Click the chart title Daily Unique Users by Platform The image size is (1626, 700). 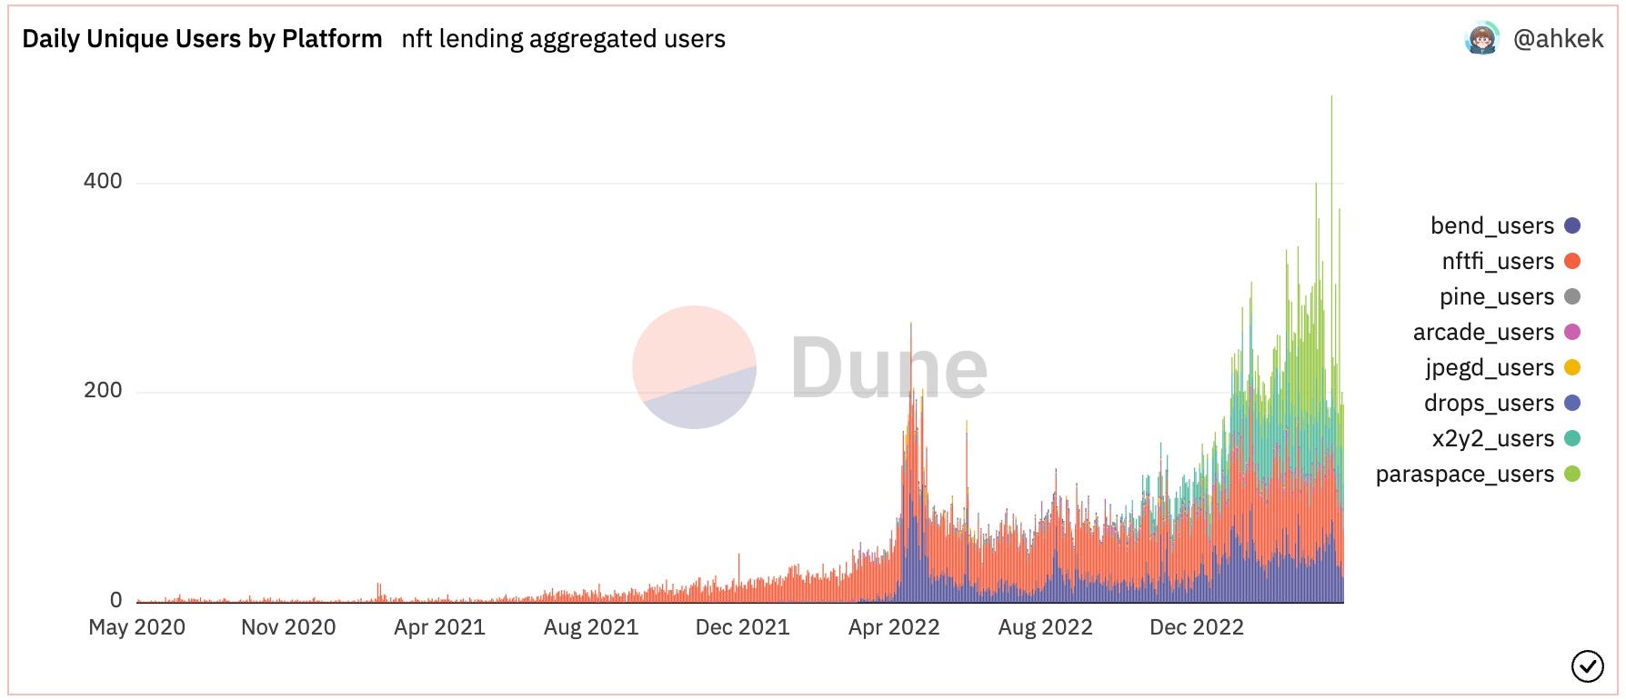(202, 39)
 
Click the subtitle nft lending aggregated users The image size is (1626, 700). (563, 39)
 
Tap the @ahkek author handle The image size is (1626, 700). (1558, 38)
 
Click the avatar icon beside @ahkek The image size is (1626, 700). (1481, 38)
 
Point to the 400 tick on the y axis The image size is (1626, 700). (103, 181)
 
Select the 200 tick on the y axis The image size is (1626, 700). (103, 390)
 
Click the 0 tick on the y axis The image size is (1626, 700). (115, 600)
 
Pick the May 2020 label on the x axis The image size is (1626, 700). (136, 627)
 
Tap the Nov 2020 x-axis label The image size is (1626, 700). (288, 627)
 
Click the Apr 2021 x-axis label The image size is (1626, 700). (439, 627)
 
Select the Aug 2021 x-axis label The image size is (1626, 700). (591, 627)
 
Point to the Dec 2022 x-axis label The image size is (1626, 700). (1196, 627)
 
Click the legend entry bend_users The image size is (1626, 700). (1492, 225)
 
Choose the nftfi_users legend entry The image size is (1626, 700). (1498, 261)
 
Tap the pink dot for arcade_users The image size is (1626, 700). (1571, 332)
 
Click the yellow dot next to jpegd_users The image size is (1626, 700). (1571, 367)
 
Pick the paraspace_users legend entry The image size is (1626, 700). (1464, 474)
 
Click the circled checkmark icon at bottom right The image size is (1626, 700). (1587, 666)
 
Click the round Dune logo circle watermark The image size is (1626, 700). (694, 367)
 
